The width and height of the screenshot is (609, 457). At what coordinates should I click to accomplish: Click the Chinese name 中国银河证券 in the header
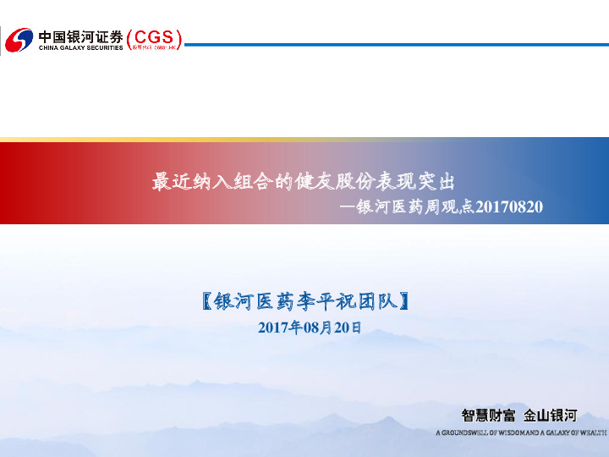pos(80,36)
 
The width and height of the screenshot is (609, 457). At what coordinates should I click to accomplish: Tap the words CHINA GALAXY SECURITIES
pos(80,48)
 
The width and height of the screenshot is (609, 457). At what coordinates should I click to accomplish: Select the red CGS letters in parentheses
pos(154,36)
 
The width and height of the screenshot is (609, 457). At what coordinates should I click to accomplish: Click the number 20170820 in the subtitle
pos(509,206)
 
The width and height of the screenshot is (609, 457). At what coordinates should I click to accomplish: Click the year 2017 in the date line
pos(272,328)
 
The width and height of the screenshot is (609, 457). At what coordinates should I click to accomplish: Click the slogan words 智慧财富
pos(488,416)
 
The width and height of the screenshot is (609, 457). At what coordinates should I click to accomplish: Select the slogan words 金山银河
pos(551,416)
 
